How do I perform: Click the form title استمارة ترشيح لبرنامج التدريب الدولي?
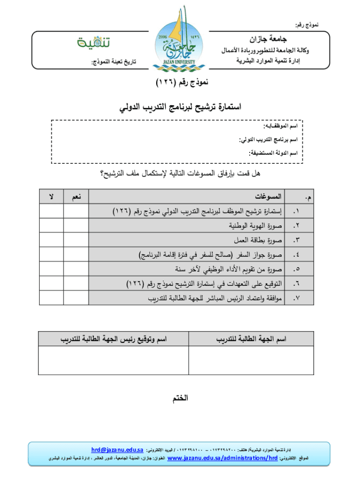[x=180, y=109]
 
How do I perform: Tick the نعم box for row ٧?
[x=75, y=298]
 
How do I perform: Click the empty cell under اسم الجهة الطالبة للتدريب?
[x=251, y=360]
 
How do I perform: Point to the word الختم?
[x=180, y=399]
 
